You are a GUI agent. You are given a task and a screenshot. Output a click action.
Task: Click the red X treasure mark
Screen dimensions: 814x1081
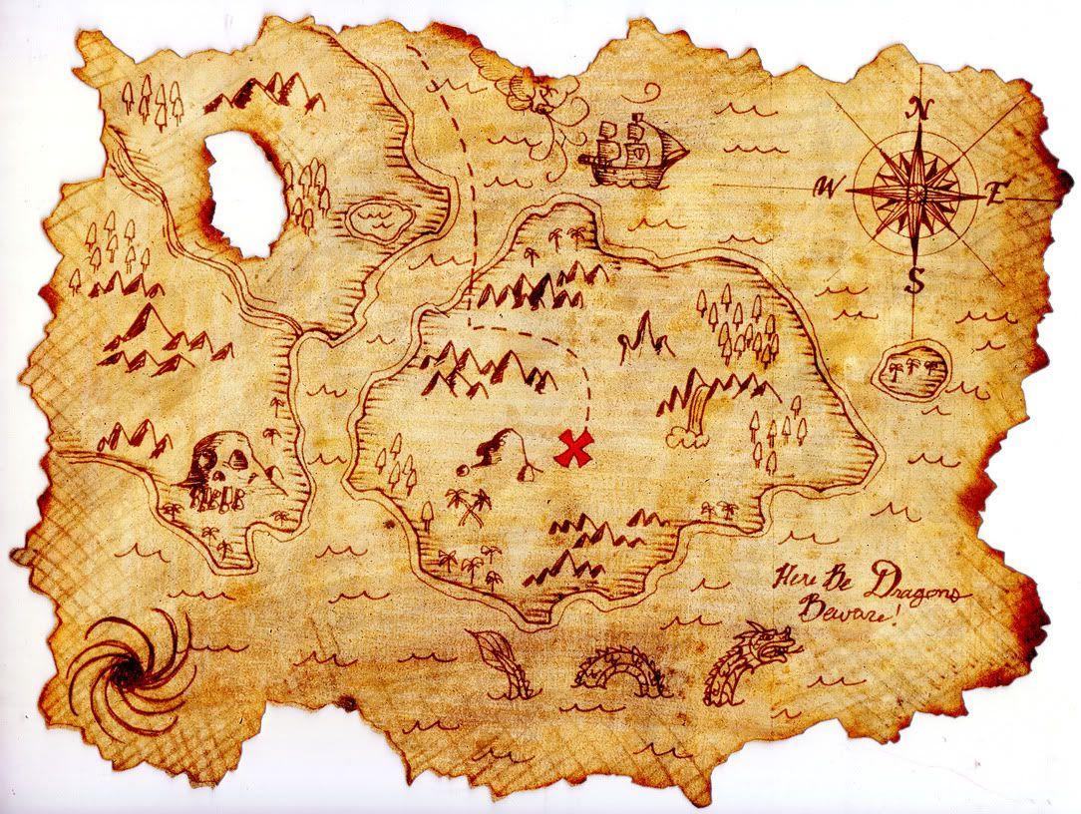coord(573,449)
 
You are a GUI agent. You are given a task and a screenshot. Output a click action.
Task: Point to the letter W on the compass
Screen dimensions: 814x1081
coord(826,186)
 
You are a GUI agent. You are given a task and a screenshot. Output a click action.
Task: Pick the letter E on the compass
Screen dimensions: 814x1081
coord(994,195)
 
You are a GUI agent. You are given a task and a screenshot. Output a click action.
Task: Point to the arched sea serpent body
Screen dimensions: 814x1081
coord(620,670)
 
